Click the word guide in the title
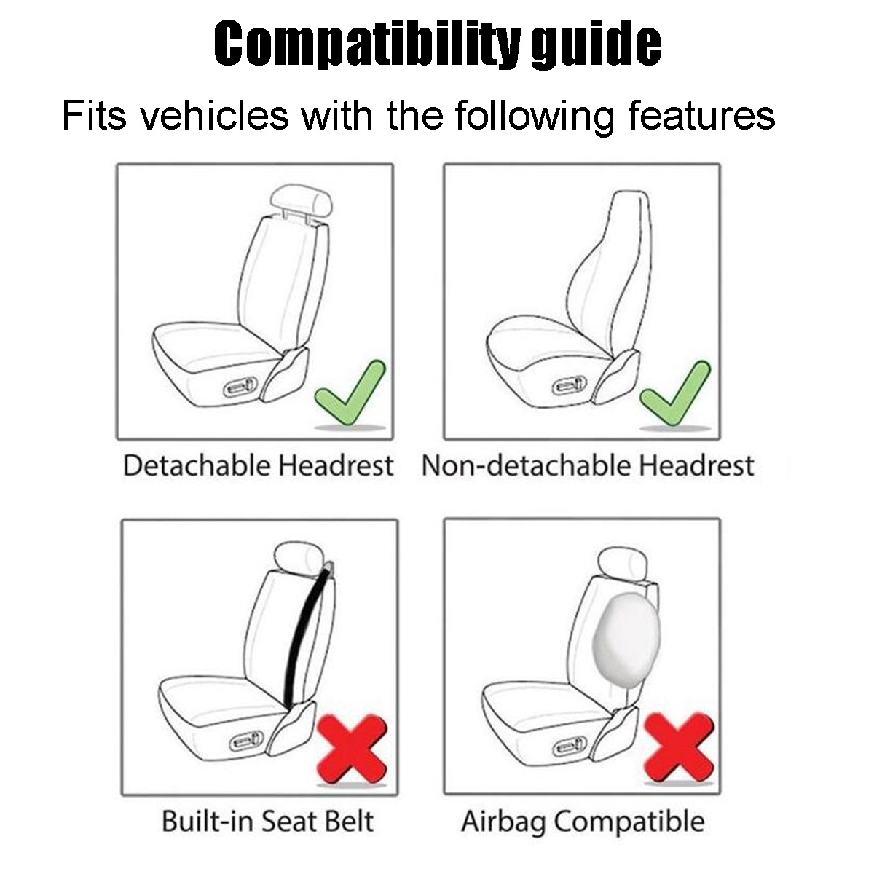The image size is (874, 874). (596, 45)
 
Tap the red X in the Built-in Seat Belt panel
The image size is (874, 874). (351, 751)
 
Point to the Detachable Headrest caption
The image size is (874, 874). (258, 466)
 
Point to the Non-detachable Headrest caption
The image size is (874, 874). (587, 466)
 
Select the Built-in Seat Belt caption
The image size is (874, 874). (267, 822)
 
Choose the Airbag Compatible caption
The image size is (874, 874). (583, 822)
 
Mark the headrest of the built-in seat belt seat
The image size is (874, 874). (299, 560)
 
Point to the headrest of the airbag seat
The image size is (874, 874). (618, 562)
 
